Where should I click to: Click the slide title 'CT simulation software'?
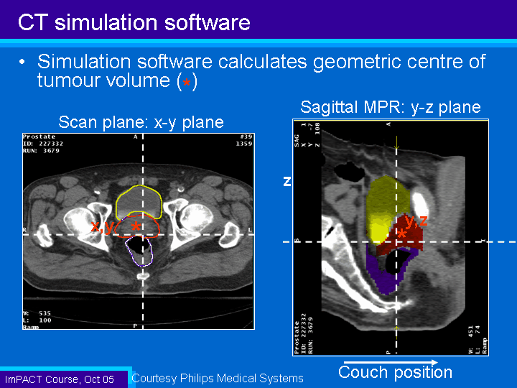tap(134, 22)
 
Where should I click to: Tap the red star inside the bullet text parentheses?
tap(187, 83)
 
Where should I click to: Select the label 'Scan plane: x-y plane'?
tap(141, 122)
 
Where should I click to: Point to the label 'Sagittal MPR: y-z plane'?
tap(390, 108)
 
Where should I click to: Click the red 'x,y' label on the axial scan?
tap(102, 227)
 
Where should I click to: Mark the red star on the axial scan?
tap(136, 226)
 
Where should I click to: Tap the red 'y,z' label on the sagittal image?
tap(416, 221)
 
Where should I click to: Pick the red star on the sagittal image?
tap(402, 234)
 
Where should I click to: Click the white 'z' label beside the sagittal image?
tap(287, 183)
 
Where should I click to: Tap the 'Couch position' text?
tap(395, 372)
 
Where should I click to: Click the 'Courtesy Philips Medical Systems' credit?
tap(218, 378)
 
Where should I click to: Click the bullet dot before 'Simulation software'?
tap(24, 63)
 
